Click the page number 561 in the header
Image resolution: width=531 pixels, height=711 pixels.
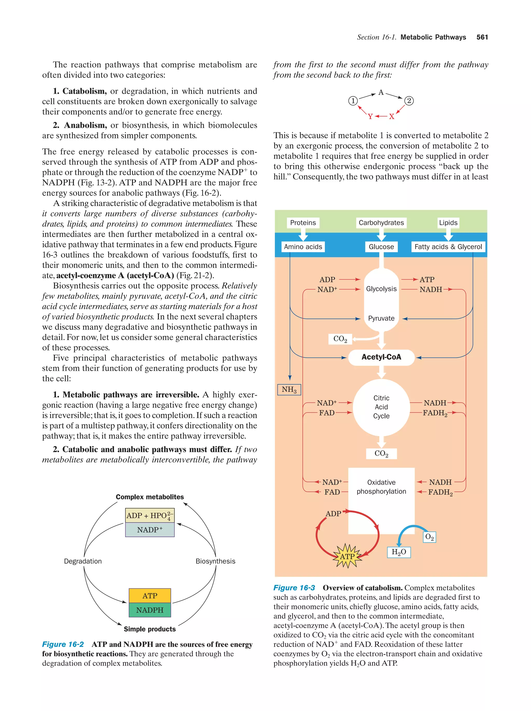tap(481, 37)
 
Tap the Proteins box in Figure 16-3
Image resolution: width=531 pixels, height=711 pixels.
tap(303, 223)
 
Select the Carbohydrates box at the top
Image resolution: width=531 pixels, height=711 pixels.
tap(381, 223)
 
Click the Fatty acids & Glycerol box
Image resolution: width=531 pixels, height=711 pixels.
tap(448, 247)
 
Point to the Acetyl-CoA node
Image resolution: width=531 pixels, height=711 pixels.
tap(381, 357)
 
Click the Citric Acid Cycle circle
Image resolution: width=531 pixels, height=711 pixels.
tap(381, 407)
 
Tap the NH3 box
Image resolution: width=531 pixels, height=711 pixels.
tap(289, 390)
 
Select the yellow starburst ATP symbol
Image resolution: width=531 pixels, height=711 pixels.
tap(347, 556)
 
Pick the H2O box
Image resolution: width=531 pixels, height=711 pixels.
tap(399, 552)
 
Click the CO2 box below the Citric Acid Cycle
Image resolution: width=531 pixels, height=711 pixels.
tap(381, 453)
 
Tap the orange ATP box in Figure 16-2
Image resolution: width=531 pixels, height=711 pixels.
tap(150, 596)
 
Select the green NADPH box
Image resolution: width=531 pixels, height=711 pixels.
tap(150, 610)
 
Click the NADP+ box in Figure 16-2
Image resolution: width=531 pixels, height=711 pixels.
tap(150, 530)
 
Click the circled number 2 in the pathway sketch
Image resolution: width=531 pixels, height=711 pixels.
tap(409, 101)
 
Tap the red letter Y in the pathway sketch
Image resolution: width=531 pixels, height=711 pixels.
tap(370, 116)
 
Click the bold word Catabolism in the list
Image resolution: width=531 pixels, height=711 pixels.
tap(84, 91)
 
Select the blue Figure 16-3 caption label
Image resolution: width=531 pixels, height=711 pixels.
tap(294, 588)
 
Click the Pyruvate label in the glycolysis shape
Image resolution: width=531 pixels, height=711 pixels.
tap(381, 318)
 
